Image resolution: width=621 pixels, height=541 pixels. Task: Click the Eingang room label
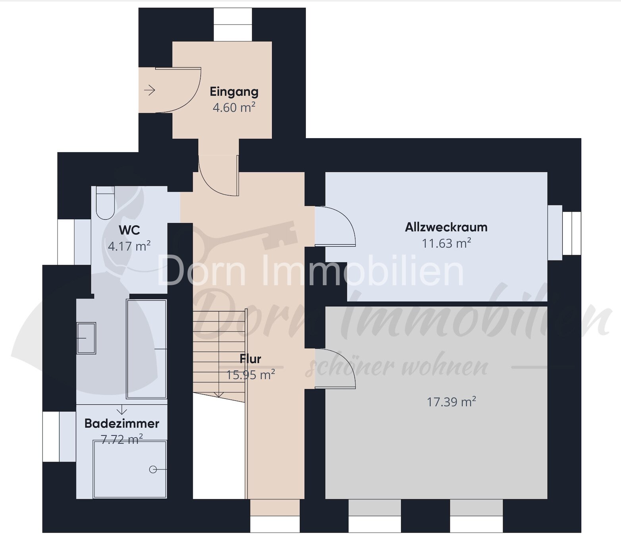point(234,92)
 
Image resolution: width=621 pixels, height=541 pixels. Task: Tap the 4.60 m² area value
point(234,108)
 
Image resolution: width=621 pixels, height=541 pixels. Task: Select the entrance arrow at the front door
point(150,90)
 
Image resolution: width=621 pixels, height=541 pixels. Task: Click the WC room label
point(129,230)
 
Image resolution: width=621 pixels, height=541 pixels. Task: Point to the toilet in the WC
point(105,203)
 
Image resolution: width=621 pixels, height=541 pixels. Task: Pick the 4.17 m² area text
point(129,246)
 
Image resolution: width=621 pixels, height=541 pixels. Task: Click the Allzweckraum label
point(446,227)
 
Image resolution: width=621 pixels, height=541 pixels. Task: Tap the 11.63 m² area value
point(446,243)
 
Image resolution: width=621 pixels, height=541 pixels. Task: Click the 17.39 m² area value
point(451,402)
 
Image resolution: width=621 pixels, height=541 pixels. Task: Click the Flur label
point(251,359)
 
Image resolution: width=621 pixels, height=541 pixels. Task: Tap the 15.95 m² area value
point(251,375)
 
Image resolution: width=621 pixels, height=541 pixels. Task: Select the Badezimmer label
point(122,423)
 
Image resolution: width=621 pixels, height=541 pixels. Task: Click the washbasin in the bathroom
point(86,338)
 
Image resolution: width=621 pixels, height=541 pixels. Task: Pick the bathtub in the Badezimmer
point(147,349)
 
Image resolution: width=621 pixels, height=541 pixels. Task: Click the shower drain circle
point(153,470)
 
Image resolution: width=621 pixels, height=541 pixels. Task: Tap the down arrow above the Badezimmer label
point(122,410)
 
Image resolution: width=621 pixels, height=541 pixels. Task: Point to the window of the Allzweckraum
point(572,233)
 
